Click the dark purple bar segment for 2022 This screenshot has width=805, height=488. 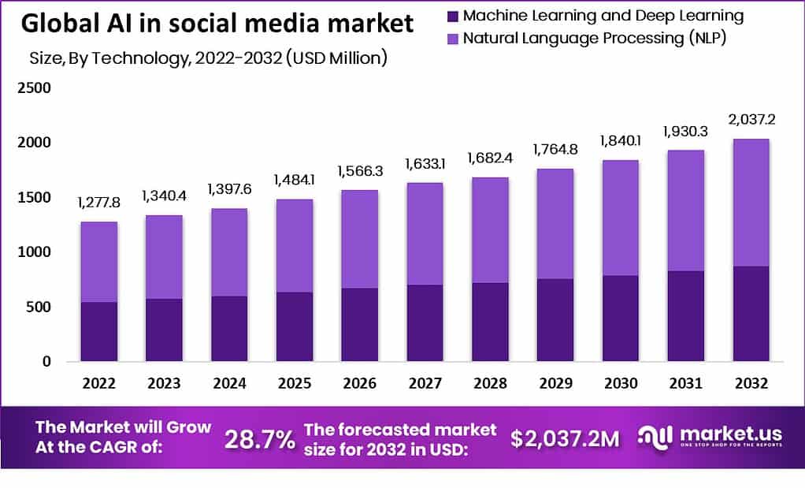point(98,331)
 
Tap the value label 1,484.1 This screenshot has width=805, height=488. point(293,181)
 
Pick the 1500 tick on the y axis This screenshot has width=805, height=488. point(35,197)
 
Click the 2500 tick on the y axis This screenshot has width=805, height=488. point(35,88)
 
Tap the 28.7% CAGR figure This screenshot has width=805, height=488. point(260,440)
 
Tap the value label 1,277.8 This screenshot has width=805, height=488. point(98,203)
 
